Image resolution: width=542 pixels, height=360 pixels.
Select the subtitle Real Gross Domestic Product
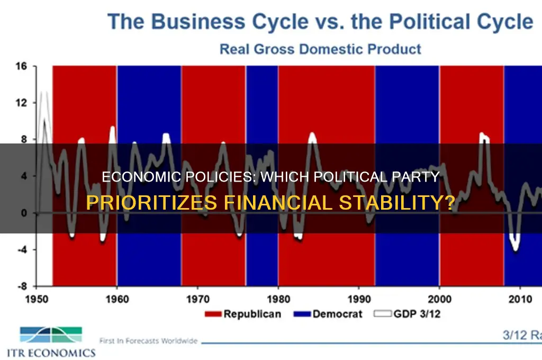[321, 49]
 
